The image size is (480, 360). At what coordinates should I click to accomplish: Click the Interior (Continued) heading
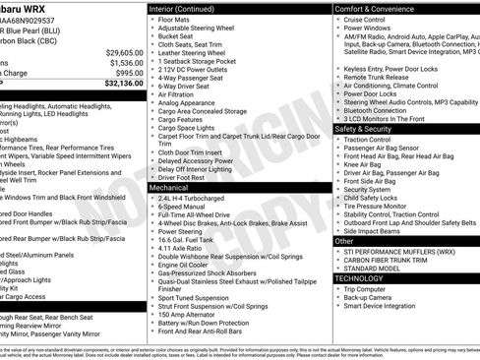[190, 8]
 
